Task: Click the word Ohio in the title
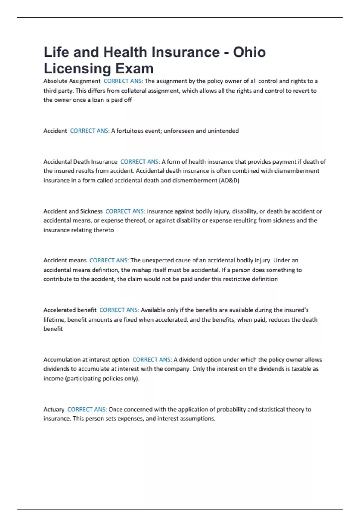[x=249, y=52]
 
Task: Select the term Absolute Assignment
[x=72, y=81]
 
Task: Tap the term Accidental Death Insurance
[x=80, y=162]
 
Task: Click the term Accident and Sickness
[x=73, y=211]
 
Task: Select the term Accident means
[x=65, y=260]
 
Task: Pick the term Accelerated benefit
[x=70, y=310]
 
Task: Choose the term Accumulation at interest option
[x=86, y=359]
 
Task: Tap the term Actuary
[x=54, y=409]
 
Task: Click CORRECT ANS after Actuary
[x=87, y=409]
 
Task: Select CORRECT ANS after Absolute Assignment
[x=123, y=81]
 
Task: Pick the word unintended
[x=223, y=131]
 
